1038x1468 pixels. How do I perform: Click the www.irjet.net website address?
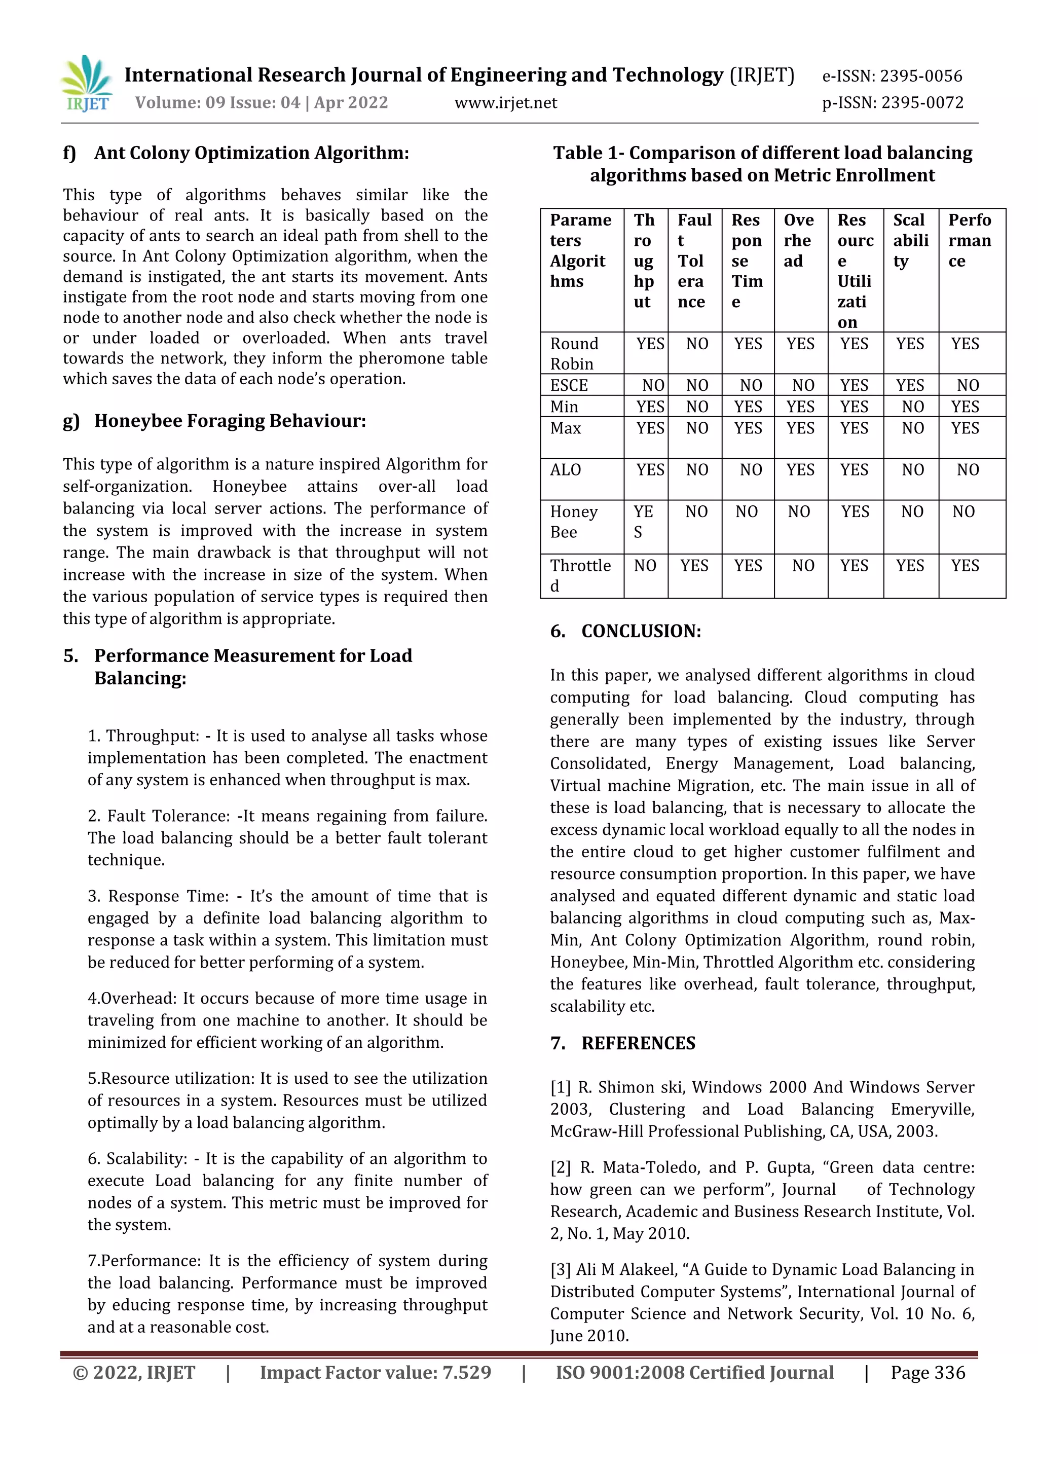[x=506, y=103]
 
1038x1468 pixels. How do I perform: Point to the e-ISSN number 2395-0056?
[x=892, y=76]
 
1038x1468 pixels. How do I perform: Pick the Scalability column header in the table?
[x=910, y=240]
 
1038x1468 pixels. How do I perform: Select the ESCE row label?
[x=569, y=386]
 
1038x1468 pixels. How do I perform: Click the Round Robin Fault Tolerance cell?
[x=697, y=345]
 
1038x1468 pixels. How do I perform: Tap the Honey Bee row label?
[x=573, y=522]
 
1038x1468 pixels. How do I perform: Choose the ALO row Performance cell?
[x=968, y=470]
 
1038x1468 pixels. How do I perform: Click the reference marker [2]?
[x=561, y=1167]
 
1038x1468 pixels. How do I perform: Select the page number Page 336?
[x=928, y=1373]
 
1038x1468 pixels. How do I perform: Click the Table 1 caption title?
[x=762, y=164]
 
